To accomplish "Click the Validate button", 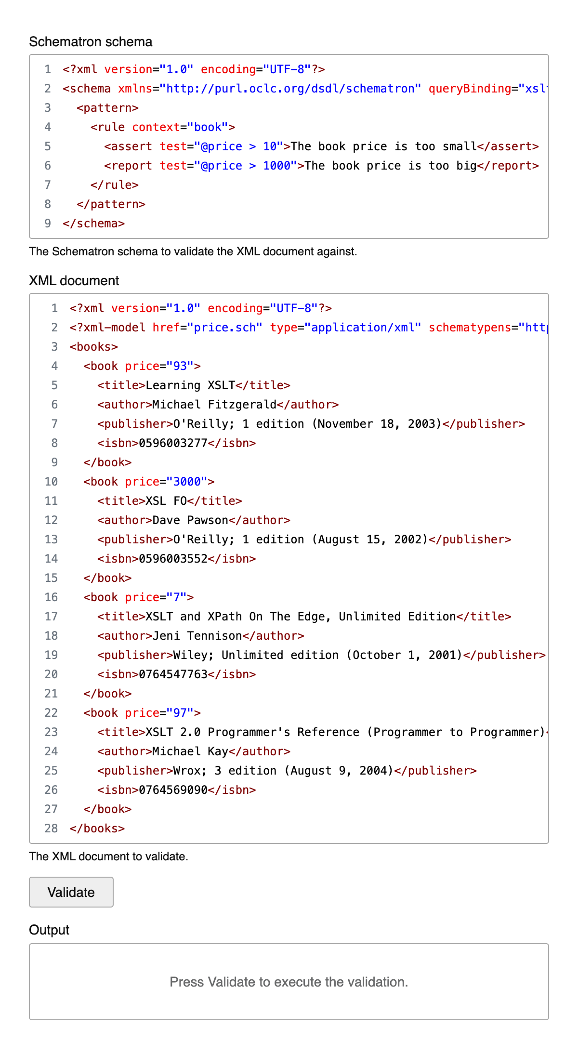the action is coord(71,892).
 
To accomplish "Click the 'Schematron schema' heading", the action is coord(91,42).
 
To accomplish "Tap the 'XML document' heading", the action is coord(74,281).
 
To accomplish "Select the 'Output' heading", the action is coord(49,930).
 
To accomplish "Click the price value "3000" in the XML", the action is coord(187,482).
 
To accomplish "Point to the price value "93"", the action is coord(180,366).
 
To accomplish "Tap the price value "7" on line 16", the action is coord(177,597).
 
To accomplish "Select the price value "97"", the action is coord(180,713).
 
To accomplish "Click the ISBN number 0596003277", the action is coord(173,443).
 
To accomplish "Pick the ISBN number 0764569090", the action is coord(173,790).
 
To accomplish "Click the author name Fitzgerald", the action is coord(242,405).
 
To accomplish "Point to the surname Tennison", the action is coord(215,636).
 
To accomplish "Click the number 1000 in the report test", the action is coord(276,166).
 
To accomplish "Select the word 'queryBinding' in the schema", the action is coord(470,89).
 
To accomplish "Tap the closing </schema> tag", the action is coord(93,224).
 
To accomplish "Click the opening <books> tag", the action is coord(93,347).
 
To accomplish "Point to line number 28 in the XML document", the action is coord(51,829).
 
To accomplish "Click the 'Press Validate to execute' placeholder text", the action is coord(289,982).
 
